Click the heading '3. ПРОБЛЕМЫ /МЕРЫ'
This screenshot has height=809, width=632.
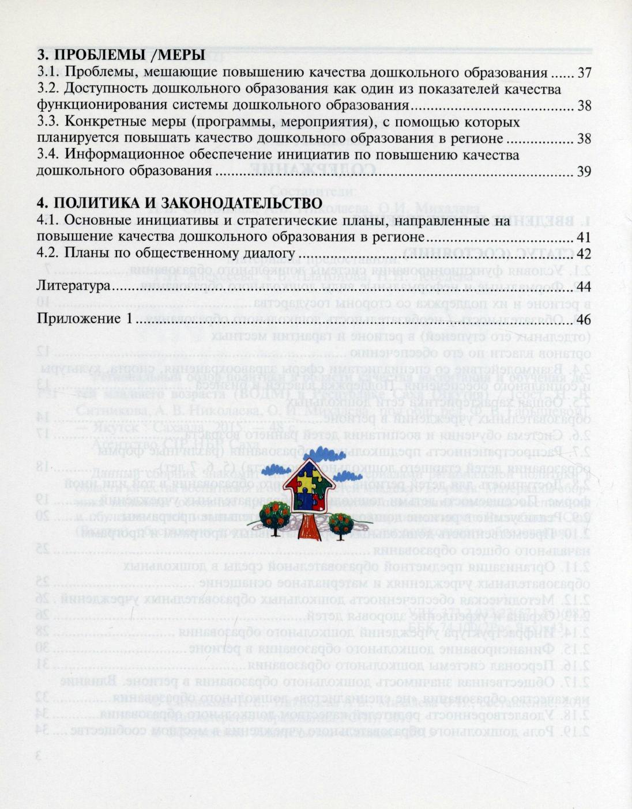pyautogui.click(x=121, y=56)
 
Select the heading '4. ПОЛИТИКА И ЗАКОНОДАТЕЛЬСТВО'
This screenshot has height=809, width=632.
pyautogui.click(x=179, y=203)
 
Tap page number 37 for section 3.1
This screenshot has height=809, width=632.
pyautogui.click(x=584, y=73)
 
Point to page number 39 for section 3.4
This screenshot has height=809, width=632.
pyautogui.click(x=584, y=172)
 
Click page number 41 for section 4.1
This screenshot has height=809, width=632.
pyautogui.click(x=584, y=237)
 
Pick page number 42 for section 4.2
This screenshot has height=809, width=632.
pyautogui.click(x=584, y=254)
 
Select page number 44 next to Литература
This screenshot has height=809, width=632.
pyautogui.click(x=584, y=286)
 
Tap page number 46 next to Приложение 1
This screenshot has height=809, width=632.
pyautogui.click(x=584, y=319)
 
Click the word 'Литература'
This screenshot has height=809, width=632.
pyautogui.click(x=73, y=286)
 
